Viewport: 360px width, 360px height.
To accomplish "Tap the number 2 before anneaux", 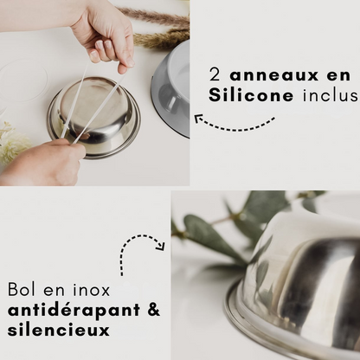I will tap(215, 71).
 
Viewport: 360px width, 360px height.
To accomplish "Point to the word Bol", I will tap(22, 288).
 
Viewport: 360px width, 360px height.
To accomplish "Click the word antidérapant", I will tap(68, 309).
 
